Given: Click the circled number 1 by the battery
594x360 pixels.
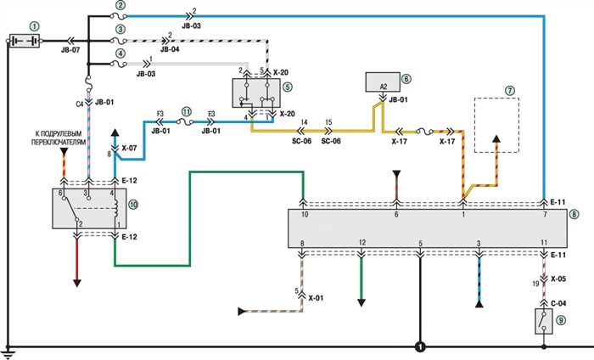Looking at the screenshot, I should click(34, 25).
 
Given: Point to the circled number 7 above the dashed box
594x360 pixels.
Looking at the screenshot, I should click(510, 90).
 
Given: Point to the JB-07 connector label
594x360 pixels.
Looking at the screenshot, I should click(71, 51).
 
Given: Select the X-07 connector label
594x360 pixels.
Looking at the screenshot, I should click(130, 149).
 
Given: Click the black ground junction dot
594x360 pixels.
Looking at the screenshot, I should click(418, 346).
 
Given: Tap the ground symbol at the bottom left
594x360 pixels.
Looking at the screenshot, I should click(8, 351).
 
